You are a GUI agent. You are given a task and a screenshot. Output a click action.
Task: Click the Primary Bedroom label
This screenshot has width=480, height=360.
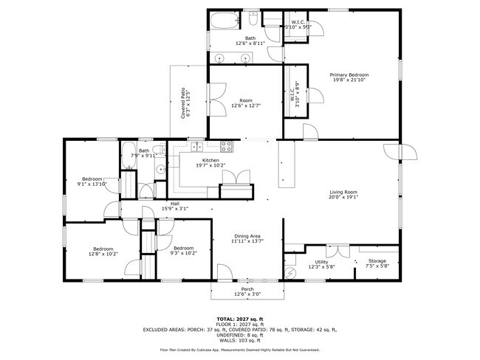(349, 75)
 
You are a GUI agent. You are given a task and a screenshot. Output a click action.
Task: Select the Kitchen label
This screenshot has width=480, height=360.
(210, 160)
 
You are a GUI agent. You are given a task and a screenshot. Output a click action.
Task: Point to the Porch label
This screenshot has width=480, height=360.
(247, 288)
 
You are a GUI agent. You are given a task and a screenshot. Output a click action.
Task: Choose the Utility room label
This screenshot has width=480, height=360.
(321, 261)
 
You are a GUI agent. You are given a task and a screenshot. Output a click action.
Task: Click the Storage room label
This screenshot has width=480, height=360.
(377, 261)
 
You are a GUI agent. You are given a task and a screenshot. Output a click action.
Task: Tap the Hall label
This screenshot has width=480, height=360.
(175, 204)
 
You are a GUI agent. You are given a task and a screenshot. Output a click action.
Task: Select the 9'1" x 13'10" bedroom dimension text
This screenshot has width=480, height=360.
(92, 184)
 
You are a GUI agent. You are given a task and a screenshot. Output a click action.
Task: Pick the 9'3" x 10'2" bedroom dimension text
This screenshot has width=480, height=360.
(183, 253)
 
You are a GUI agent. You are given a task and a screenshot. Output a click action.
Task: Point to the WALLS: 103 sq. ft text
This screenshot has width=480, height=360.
(240, 340)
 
